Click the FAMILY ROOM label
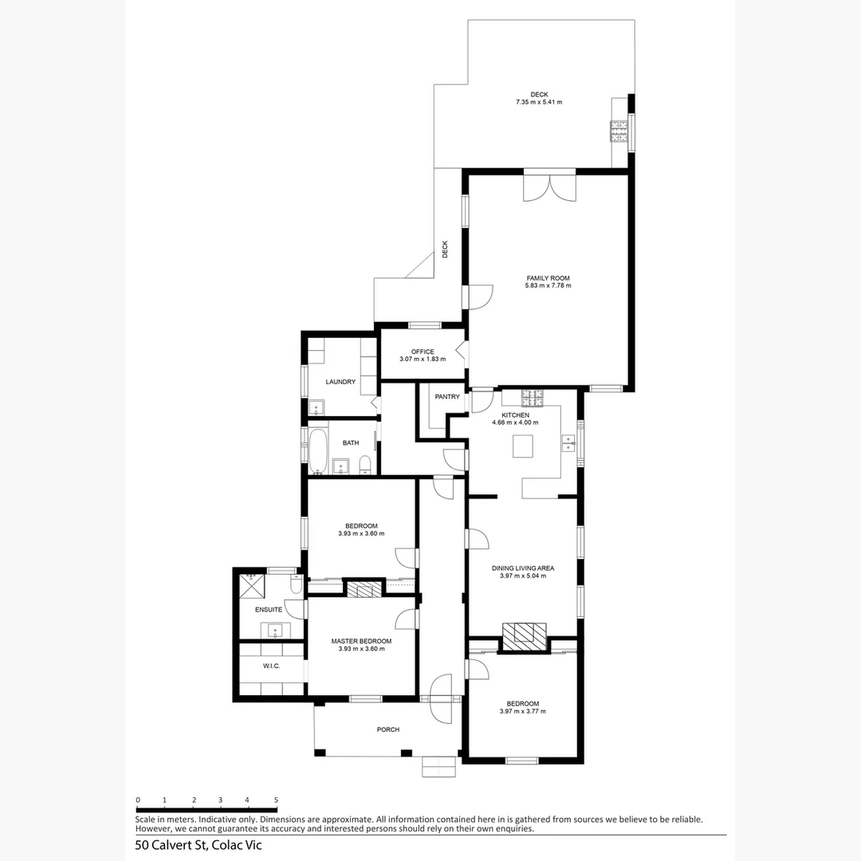pyautogui.click(x=548, y=278)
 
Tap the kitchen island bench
pyautogui.click(x=523, y=446)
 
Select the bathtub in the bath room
pyautogui.click(x=318, y=452)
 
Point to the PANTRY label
pyautogui.click(x=447, y=396)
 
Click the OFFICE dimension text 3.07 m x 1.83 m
pyautogui.click(x=423, y=360)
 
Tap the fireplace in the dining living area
pyautogui.click(x=525, y=633)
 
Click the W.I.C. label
pyautogui.click(x=270, y=666)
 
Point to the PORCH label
pyautogui.click(x=388, y=729)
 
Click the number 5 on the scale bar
pyautogui.click(x=276, y=800)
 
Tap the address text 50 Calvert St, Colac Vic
pyautogui.click(x=199, y=845)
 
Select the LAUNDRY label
pyautogui.click(x=340, y=382)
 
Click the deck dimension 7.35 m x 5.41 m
pyautogui.click(x=539, y=103)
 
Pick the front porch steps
pyautogui.click(x=439, y=766)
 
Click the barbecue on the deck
pyautogui.click(x=619, y=131)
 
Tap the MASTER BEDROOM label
pyautogui.click(x=361, y=641)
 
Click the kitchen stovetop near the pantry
pyautogui.click(x=533, y=395)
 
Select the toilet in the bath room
pyautogui.click(x=364, y=464)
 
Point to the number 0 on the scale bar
pyautogui.click(x=138, y=800)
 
